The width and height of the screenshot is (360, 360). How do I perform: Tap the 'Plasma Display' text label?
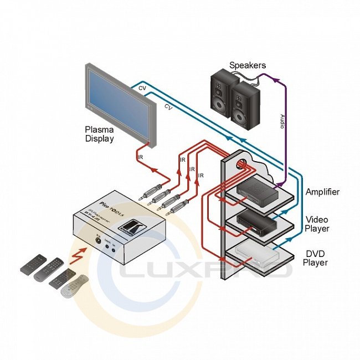point(99,134)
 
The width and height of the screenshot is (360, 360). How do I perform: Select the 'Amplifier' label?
point(322,192)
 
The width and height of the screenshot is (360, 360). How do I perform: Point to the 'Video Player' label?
point(317,224)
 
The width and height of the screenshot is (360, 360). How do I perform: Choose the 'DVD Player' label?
point(317,258)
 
